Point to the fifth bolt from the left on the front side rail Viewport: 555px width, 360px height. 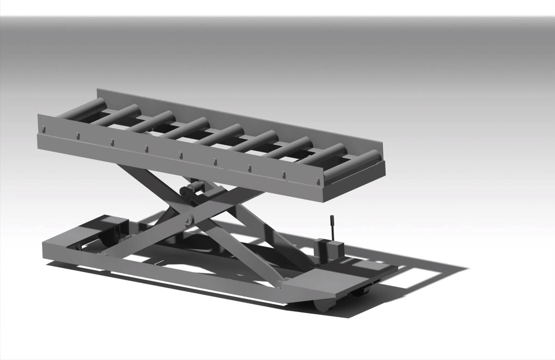[180, 155]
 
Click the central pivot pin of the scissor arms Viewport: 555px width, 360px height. [188, 220]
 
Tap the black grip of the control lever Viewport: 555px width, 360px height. [332, 226]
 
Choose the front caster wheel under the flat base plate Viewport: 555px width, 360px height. [322, 304]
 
